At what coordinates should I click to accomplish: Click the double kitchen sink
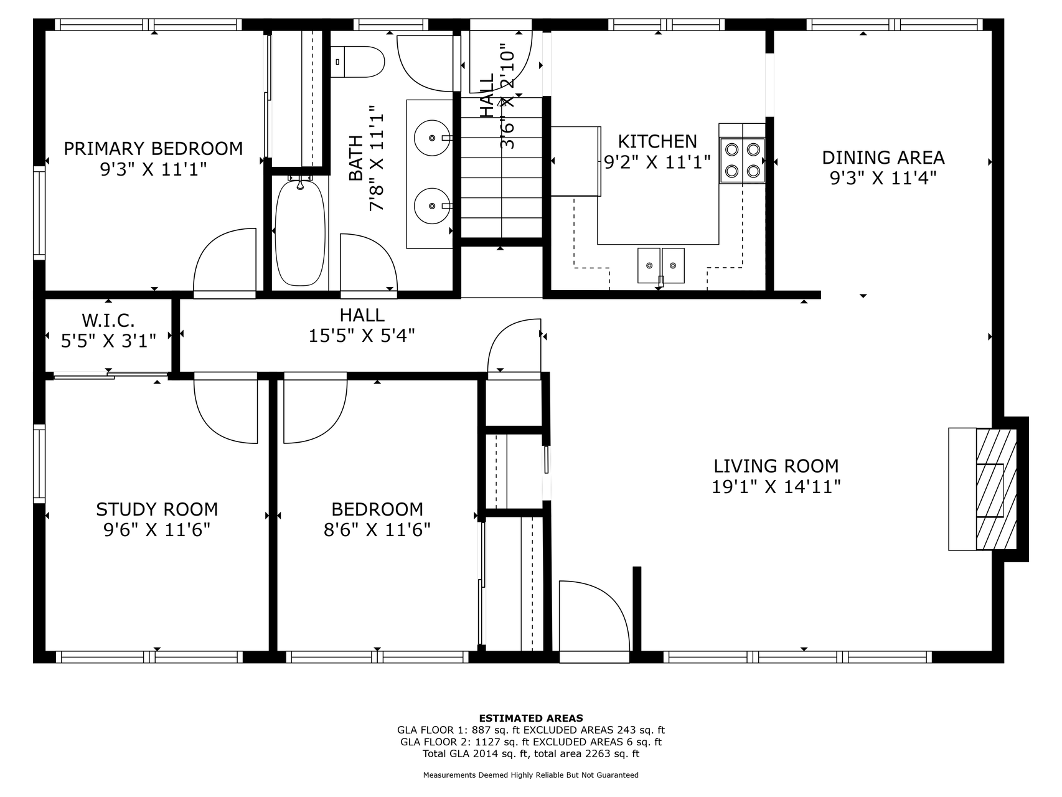[x=660, y=265]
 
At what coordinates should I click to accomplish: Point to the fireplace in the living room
[x=983, y=489]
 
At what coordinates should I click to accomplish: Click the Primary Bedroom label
[x=153, y=149]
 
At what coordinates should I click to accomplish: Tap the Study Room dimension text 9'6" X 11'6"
[x=157, y=530]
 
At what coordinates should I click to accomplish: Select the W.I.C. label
[x=108, y=321]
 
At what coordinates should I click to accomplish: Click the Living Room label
[x=776, y=466]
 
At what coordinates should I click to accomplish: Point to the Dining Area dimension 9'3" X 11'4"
[x=883, y=178]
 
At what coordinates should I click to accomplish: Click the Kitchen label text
[x=657, y=141]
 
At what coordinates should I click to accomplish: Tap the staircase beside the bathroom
[x=501, y=167]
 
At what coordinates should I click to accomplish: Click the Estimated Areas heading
[x=531, y=718]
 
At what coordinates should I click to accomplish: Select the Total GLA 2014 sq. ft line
[x=531, y=753]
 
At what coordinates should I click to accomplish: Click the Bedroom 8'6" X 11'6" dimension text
[x=377, y=530]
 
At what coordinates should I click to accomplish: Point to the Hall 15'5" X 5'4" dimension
[x=362, y=336]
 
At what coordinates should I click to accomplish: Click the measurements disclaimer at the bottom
[x=531, y=775]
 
